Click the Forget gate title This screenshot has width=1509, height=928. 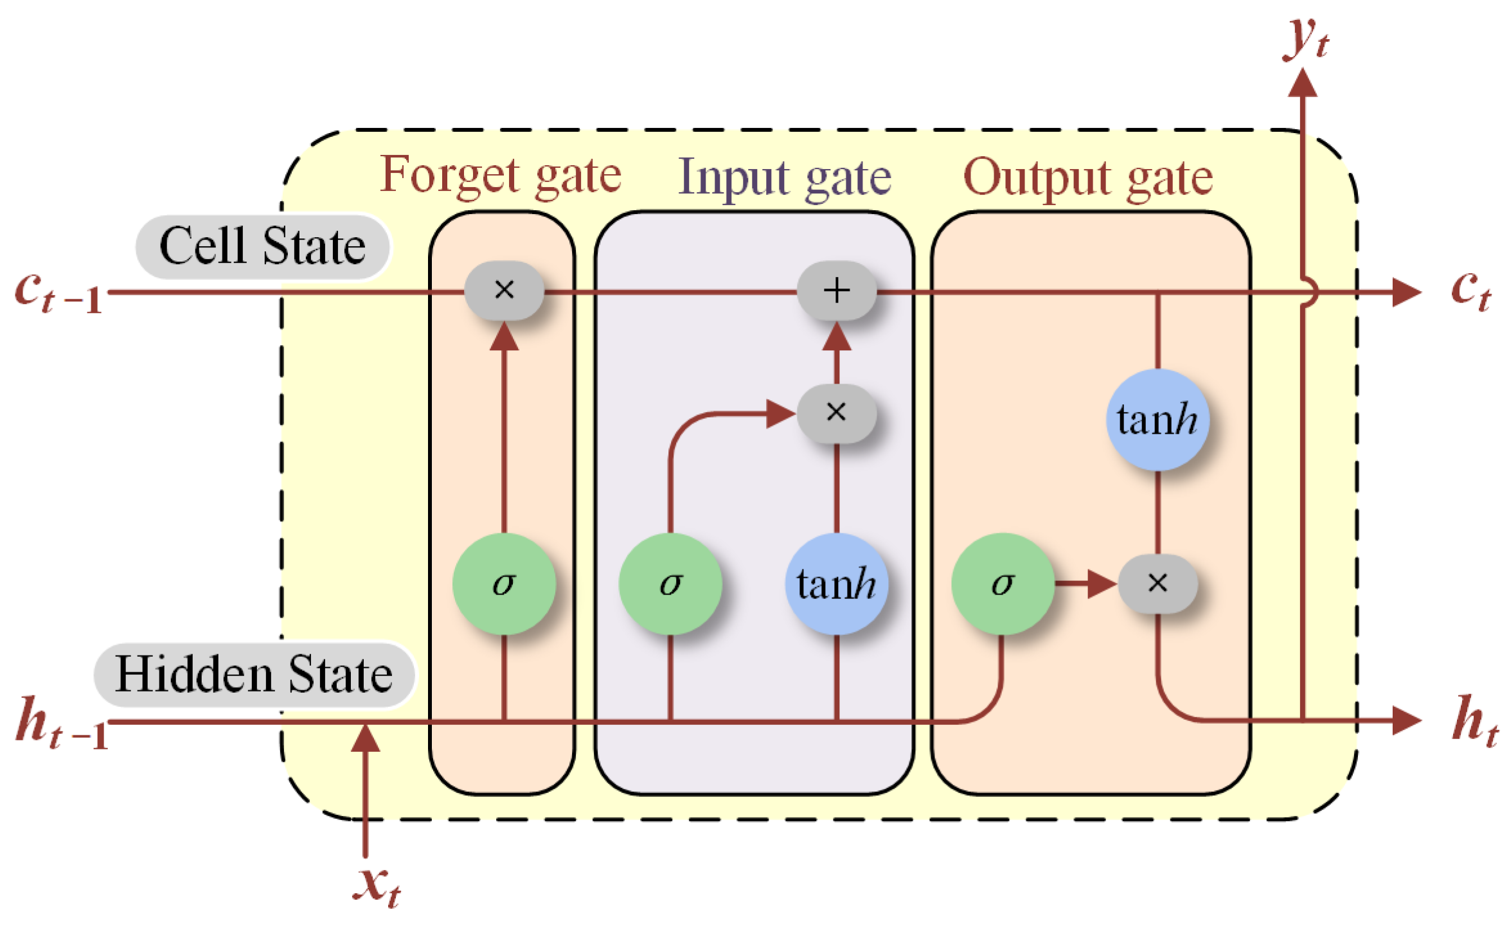[500, 175]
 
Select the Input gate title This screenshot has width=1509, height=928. [785, 177]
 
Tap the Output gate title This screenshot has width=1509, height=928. [1087, 177]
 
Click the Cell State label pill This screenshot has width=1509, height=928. [262, 247]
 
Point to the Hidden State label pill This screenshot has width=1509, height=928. [254, 675]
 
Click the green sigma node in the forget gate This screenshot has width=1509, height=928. [504, 584]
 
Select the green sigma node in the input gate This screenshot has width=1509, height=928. [670, 584]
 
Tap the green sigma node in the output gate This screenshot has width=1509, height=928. [1003, 584]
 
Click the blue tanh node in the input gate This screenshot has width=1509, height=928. [836, 584]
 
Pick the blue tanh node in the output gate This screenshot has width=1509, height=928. [1157, 420]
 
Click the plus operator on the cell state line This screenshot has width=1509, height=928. [836, 290]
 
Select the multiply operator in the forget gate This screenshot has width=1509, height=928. [504, 290]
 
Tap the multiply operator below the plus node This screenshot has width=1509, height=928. [836, 413]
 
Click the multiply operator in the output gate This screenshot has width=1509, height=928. [1157, 584]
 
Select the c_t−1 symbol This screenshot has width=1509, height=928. [58, 292]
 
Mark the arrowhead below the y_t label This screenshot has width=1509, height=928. [1303, 84]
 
